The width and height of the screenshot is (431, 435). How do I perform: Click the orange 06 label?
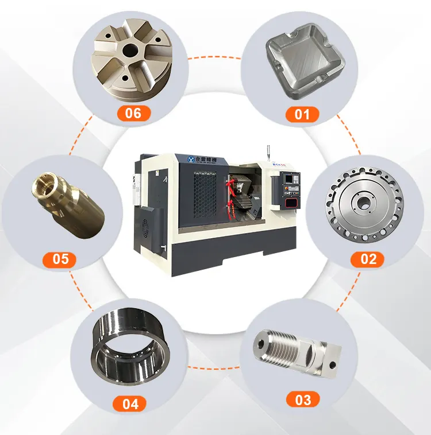pos(133,112)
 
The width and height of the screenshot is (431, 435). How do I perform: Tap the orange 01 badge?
pos(302,114)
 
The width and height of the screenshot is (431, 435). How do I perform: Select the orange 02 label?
pos(368,258)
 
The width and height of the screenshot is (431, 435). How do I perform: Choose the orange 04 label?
pos(130,404)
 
